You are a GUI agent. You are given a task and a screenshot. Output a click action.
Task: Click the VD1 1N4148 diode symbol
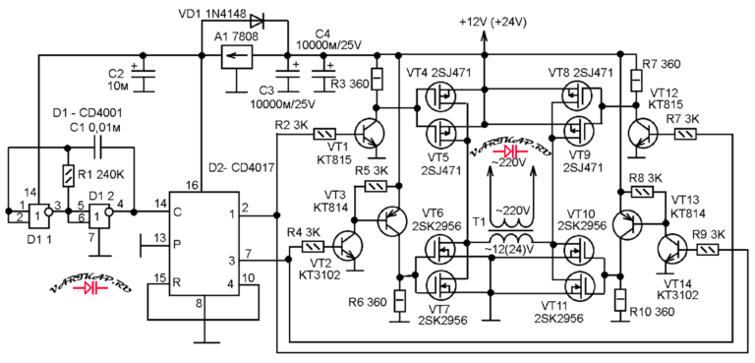256,21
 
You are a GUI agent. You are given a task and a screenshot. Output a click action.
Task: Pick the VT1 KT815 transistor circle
370,133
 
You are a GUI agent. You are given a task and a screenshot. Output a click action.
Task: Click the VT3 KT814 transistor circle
393,220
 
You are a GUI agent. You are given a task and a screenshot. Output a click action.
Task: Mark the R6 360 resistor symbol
399,302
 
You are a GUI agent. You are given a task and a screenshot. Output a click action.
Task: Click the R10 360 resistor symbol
620,301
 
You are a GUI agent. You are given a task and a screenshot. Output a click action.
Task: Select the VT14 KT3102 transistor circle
672,249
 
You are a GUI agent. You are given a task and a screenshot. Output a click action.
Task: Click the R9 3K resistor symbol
708,249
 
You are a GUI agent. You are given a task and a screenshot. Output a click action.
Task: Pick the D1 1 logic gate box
39,216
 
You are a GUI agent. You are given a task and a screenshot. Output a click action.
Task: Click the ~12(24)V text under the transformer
512,248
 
